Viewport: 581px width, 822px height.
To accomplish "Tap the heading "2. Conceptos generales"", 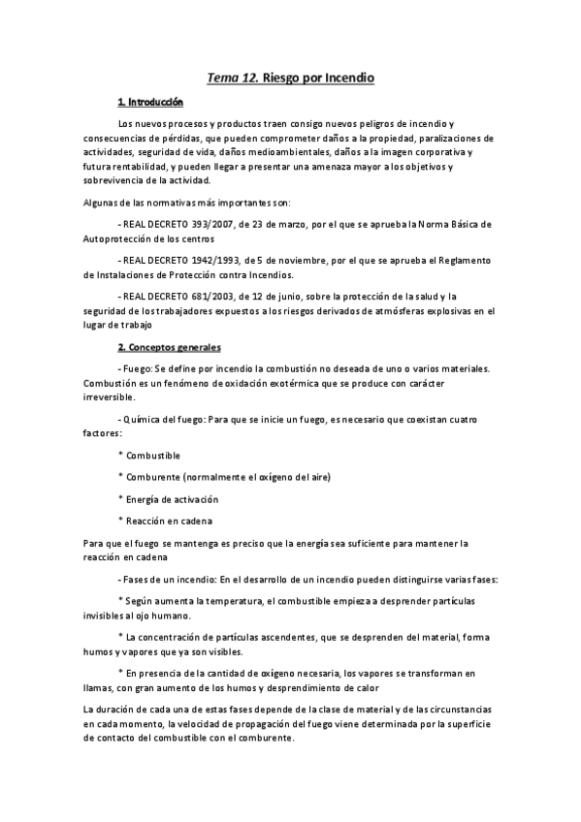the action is [x=169, y=347].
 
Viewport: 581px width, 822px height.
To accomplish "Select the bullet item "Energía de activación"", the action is [x=173, y=499].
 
